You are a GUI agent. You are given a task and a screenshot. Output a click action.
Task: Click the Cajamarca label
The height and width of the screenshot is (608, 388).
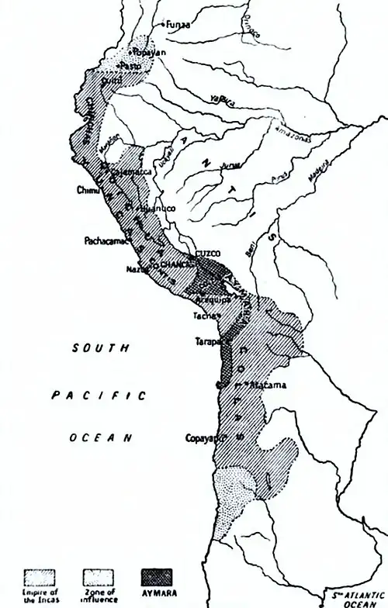pos(128,171)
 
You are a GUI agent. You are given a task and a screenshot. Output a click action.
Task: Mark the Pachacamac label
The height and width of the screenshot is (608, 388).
pos(106,241)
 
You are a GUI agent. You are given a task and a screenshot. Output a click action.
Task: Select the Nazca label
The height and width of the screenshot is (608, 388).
pos(136,269)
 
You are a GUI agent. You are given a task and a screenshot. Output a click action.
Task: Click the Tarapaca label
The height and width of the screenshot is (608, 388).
pos(210,340)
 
